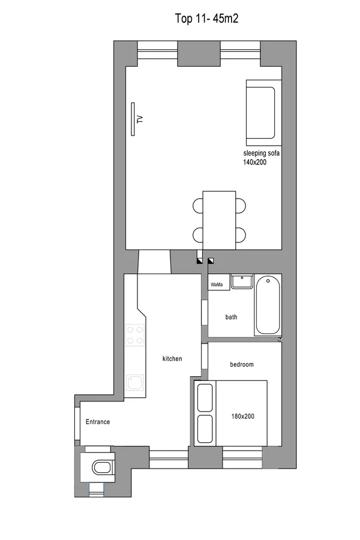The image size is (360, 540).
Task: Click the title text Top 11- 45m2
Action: [x=206, y=18]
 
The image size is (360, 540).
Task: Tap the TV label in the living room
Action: [x=140, y=119]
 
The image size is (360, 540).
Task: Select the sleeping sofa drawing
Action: [x=264, y=113]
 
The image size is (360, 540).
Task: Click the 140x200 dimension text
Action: [x=254, y=162]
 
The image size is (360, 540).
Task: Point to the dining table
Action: [x=219, y=220]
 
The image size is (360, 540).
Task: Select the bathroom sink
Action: [x=242, y=281]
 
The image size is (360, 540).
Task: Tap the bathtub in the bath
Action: [x=268, y=305]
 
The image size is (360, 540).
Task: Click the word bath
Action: [x=231, y=317]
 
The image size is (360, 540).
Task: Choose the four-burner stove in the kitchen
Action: [x=134, y=335]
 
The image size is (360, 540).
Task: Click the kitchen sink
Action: [x=134, y=382]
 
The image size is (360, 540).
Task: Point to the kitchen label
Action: [x=172, y=359]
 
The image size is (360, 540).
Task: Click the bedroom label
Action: [x=242, y=364]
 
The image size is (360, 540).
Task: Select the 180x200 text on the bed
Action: [x=243, y=416]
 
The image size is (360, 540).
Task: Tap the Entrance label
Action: [x=98, y=422]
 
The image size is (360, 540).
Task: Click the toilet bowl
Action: [x=101, y=467]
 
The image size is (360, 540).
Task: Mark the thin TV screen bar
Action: [x=133, y=119]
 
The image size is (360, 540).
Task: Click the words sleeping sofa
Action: [x=261, y=153]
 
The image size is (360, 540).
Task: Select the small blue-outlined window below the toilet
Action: [x=97, y=490]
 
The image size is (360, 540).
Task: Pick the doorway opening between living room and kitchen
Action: [x=154, y=262]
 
